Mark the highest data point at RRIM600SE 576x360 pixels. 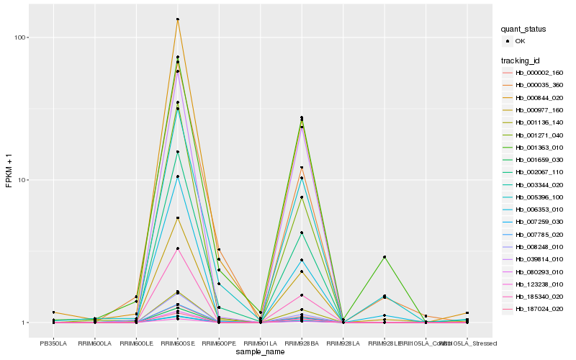click(x=178, y=19)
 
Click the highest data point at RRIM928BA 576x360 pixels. click(x=302, y=117)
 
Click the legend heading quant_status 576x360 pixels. click(x=524, y=29)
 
